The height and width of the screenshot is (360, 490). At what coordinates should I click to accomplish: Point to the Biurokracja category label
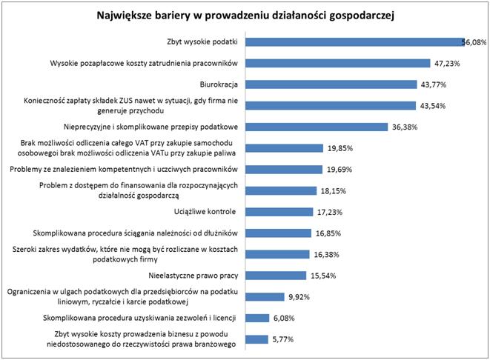(x=218, y=84)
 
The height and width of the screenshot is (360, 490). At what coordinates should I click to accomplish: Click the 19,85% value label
(x=340, y=147)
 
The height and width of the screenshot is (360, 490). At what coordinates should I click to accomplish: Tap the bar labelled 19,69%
(x=283, y=169)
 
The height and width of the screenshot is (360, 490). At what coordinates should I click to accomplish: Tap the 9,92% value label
(x=299, y=297)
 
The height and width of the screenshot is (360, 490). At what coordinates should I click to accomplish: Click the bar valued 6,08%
(x=257, y=319)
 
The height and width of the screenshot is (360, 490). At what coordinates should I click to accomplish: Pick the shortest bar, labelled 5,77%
(x=256, y=339)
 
